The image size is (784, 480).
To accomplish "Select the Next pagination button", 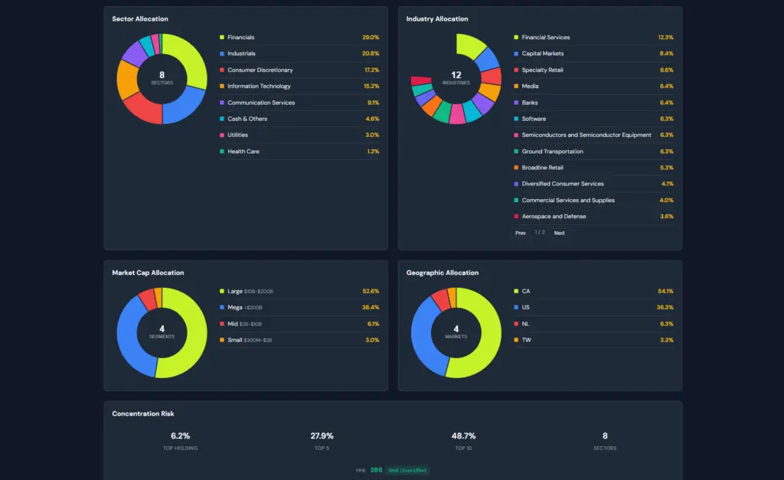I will pos(559,233).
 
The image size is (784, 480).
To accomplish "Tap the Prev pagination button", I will pos(521,233).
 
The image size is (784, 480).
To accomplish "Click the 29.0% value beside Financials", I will pos(371,38).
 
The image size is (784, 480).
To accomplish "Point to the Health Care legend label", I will pos(243,152).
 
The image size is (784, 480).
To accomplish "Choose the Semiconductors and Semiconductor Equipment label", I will pos(586,135).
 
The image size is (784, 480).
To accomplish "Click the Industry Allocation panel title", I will pos(437,19).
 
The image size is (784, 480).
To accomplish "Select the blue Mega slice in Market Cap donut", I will pos(127,341).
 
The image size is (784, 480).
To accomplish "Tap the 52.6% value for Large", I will pos(371,291).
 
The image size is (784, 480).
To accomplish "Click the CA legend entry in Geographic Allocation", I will pos(526,291).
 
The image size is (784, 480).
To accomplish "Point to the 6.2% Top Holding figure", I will pos(181,436).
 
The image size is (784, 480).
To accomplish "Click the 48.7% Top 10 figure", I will pos(463,436).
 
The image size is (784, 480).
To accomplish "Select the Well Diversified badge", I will pos(407,470).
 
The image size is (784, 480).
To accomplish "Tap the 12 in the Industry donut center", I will pos(456,75).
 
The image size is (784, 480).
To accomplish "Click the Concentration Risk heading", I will pos(143,413).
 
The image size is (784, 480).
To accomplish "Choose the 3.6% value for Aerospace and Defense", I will pos(667,217).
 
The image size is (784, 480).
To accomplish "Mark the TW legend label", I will pos(526,340).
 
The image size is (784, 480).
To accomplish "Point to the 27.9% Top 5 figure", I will pos(322,436).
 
